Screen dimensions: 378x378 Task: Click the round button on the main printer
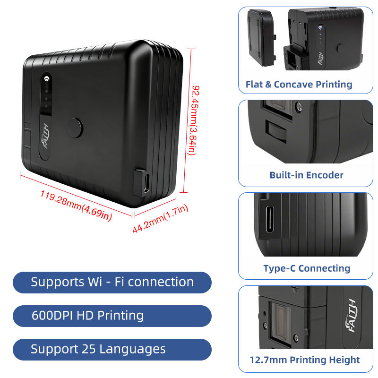(75, 128)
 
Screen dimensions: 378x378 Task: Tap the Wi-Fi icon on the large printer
(46, 78)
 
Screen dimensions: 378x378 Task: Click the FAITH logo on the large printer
(45, 136)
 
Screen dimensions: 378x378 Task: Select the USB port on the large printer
(146, 183)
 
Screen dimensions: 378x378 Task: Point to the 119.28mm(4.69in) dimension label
(76, 206)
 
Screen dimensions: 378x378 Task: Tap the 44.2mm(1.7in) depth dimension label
(160, 218)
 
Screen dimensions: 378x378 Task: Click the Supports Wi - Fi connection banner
(112, 282)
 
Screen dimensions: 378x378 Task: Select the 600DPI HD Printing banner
(112, 316)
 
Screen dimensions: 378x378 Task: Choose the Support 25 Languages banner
(112, 349)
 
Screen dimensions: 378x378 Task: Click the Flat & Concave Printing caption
(299, 85)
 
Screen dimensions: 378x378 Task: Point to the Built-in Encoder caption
(306, 175)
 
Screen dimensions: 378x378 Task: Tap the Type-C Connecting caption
(307, 268)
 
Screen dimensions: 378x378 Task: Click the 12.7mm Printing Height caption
(305, 360)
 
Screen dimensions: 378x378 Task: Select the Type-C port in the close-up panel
(269, 219)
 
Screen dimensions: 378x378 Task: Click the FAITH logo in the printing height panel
(351, 316)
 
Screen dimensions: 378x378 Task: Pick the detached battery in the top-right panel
(262, 38)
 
